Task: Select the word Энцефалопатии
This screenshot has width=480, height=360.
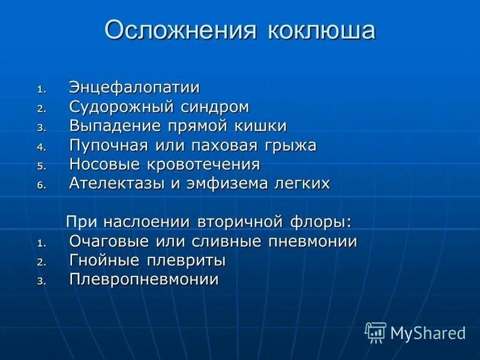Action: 134,88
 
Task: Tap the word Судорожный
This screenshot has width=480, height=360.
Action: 122,107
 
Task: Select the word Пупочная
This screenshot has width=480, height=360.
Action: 116,146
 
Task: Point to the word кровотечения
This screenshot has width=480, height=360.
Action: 205,164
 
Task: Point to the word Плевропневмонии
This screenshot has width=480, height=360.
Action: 144,280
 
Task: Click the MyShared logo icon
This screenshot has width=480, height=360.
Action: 376,332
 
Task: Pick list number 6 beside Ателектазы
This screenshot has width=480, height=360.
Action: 41,185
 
